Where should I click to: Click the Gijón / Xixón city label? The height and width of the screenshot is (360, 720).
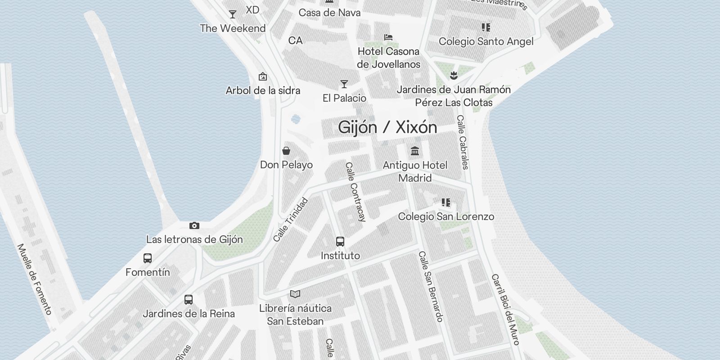tap(387, 127)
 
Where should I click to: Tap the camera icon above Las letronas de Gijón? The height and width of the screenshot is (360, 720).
tap(194, 225)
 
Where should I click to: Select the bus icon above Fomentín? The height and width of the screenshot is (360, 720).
tap(148, 258)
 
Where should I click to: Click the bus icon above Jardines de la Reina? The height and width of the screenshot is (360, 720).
tap(189, 299)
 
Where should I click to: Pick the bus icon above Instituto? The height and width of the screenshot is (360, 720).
tap(340, 242)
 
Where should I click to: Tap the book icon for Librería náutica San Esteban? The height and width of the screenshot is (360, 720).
tap(295, 294)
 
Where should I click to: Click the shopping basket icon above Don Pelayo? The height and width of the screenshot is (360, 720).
tap(286, 151)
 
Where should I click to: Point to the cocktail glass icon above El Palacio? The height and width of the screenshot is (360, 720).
tap(344, 84)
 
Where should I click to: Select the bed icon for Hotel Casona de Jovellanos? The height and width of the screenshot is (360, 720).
tap(388, 37)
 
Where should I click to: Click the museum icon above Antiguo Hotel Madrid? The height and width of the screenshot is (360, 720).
tap(415, 151)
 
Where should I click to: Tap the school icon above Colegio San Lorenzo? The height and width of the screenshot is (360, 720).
tap(445, 202)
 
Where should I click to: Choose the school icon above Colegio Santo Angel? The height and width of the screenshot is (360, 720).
tap(486, 27)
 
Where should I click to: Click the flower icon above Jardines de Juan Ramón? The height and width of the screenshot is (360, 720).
tap(454, 75)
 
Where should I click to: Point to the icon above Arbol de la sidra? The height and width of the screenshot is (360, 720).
tap(263, 76)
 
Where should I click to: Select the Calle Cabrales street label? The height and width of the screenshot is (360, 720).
tap(463, 142)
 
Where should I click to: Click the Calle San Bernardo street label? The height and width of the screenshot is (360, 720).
tap(431, 286)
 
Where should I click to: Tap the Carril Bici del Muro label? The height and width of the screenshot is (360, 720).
tap(506, 310)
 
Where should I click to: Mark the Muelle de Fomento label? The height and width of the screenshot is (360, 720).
tap(34, 279)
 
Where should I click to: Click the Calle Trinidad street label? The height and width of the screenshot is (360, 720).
tap(291, 220)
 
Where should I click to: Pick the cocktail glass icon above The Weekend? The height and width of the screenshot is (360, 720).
tap(233, 14)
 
